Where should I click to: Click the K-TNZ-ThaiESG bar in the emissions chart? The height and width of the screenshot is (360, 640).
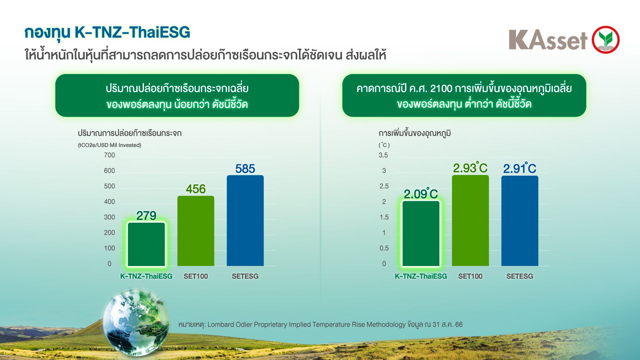146,244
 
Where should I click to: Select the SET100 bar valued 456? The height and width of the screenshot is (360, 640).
196,231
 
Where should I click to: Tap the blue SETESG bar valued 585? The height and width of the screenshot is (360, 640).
245,220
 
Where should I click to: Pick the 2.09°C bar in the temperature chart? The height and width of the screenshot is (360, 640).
421,233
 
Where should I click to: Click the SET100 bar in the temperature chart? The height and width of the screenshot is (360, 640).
470,220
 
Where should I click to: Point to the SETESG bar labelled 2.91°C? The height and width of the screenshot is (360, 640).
520,221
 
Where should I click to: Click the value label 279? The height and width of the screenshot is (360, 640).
146,216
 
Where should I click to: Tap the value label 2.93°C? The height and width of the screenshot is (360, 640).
470,168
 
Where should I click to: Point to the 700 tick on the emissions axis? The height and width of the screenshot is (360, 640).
109,155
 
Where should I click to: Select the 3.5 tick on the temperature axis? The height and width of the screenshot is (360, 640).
383,155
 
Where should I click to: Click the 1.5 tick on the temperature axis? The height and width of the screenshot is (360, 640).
384,217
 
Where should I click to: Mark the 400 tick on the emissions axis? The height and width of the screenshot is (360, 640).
109,202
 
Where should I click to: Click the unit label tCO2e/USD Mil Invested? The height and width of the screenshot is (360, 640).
110,145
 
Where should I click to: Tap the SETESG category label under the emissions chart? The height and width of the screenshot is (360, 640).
245,276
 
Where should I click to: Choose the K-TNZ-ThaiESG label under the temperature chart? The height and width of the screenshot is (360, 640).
421,276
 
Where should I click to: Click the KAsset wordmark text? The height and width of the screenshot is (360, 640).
548,40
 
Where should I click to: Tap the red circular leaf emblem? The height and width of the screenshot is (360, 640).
605,40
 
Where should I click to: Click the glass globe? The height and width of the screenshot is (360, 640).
136,322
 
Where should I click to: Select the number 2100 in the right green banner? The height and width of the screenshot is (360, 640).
441,89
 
